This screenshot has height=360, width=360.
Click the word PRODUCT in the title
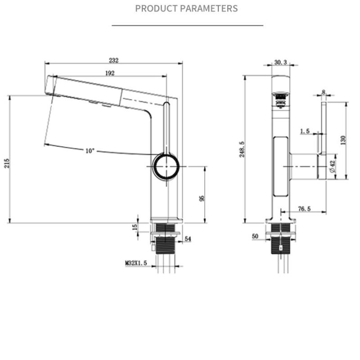157,9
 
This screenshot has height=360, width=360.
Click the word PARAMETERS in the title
209,9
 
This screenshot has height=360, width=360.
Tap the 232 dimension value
114,60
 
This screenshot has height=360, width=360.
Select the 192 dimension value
110,73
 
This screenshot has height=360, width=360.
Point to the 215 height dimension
7,163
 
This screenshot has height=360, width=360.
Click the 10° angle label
90,151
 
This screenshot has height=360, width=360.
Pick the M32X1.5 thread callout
136,263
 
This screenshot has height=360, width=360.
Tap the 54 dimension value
188,239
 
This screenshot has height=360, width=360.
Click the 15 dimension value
135,227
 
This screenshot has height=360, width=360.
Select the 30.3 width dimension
280,62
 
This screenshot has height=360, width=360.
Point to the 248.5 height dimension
242,149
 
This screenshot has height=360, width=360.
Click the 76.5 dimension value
305,208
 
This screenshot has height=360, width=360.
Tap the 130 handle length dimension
343,140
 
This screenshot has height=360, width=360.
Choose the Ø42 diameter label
333,166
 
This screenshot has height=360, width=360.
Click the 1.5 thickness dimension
305,131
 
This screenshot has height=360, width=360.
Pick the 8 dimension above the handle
324,92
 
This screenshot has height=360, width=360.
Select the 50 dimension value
255,236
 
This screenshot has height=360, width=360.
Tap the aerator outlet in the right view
280,99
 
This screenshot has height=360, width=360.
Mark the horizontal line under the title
187,26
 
